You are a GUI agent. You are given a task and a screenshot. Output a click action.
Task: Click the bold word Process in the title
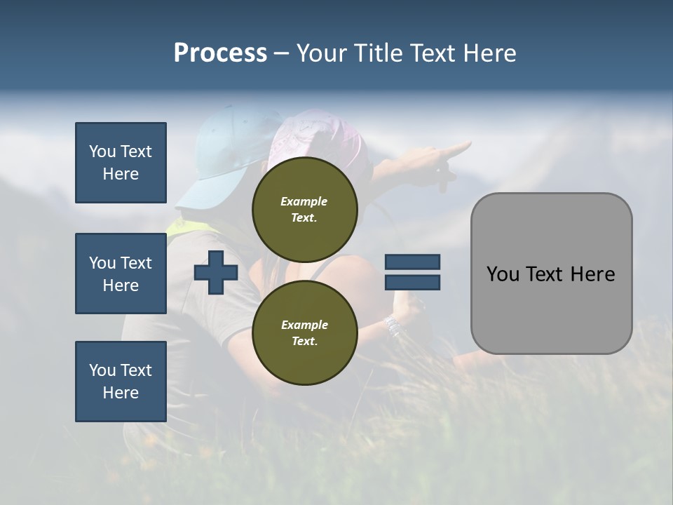tap(220, 53)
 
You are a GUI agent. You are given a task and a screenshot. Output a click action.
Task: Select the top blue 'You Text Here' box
tap(121, 163)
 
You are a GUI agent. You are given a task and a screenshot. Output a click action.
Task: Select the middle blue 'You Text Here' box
tap(121, 274)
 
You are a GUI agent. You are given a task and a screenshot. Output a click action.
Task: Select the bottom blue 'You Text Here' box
tap(121, 382)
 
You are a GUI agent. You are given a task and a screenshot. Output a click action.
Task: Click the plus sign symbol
tap(216, 272)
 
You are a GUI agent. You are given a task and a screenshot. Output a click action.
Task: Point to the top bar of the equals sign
tap(412, 262)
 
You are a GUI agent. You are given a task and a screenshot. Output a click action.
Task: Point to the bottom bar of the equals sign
tap(412, 282)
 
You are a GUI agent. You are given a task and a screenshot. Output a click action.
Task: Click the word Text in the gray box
tap(547, 274)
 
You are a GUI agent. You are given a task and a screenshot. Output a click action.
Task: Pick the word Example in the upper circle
tap(304, 201)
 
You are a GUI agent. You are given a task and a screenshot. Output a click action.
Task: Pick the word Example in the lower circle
tap(304, 325)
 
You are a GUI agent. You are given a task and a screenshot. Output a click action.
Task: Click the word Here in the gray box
tap(592, 274)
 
